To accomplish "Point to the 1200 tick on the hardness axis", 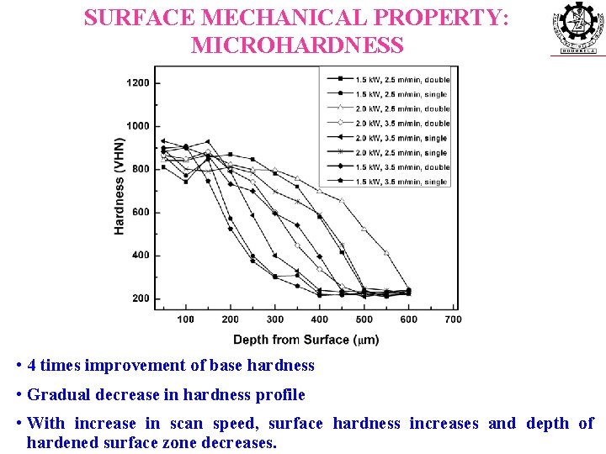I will pos(138,82).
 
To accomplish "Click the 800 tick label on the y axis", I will pos(140,169).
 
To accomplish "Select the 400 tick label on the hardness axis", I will pos(140,256).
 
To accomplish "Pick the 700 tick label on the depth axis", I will pos(453,319).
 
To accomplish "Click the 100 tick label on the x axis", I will pos(185,319).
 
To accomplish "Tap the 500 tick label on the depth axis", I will pos(364,319).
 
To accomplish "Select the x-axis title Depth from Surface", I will pos(306,340).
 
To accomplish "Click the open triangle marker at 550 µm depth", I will pos(386,253).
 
